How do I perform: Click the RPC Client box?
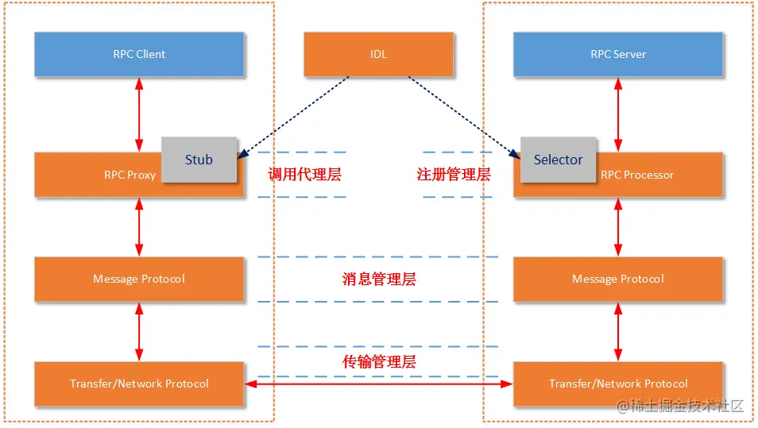click(x=139, y=54)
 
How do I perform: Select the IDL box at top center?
click(x=378, y=54)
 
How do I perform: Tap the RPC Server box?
click(x=617, y=54)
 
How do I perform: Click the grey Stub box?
click(x=199, y=160)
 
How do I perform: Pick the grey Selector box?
click(x=558, y=160)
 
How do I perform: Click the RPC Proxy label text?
click(x=130, y=175)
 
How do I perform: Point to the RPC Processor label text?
click(x=637, y=175)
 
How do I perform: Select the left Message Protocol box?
click(x=139, y=279)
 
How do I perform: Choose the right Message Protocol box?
click(x=617, y=279)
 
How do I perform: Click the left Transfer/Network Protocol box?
click(x=139, y=384)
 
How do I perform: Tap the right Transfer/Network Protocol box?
click(x=617, y=384)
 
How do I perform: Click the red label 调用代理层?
click(x=304, y=175)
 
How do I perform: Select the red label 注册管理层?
click(x=454, y=175)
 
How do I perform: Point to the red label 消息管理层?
click(x=379, y=279)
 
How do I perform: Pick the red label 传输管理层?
click(x=379, y=362)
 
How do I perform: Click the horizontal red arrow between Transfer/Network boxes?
click(x=378, y=384)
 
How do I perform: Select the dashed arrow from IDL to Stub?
click(x=294, y=114)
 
